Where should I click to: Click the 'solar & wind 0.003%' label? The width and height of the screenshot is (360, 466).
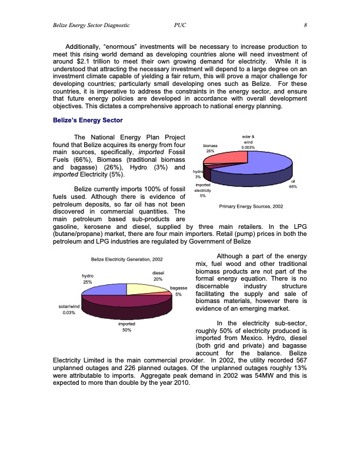tap(248, 142)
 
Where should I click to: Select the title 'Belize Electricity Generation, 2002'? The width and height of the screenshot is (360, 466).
tap(126, 259)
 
